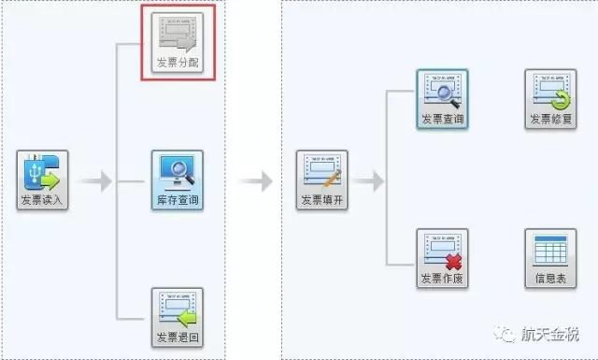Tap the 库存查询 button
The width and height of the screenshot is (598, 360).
[x=178, y=180]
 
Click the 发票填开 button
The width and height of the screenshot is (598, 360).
[x=321, y=180]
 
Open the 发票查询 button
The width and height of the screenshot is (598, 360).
[x=442, y=99]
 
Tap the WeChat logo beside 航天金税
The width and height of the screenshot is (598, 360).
[x=505, y=333]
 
